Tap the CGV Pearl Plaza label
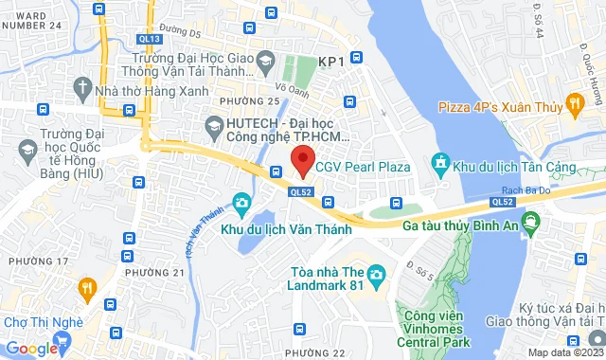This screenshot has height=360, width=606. [365, 167]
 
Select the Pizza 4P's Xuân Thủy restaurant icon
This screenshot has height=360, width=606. [573, 102]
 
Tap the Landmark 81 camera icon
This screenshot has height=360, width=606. [377, 277]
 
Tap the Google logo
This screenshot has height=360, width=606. [32, 348]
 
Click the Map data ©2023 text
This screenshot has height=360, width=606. [564, 352]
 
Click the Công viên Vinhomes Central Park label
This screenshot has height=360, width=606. [436, 326]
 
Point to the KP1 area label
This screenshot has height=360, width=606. [330, 62]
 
